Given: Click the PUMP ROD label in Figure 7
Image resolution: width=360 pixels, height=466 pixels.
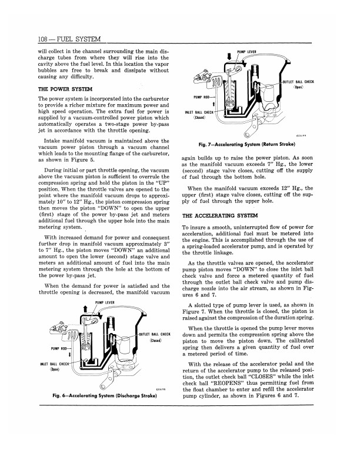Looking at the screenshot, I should pos(201,96).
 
